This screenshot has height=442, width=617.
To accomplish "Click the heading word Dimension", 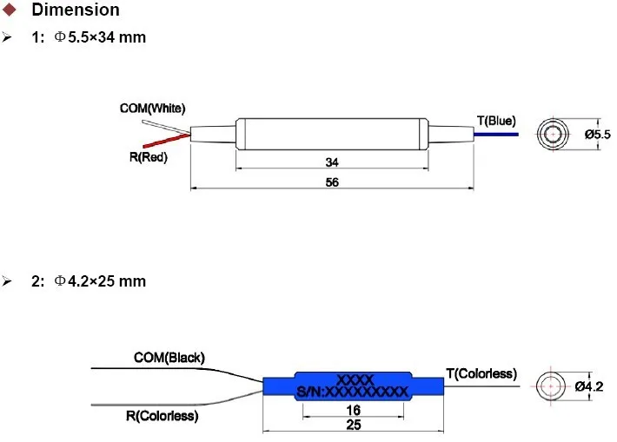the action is [76, 10].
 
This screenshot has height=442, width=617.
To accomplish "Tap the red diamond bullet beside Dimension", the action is [9, 10].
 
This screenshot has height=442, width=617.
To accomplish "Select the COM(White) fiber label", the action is [152, 109].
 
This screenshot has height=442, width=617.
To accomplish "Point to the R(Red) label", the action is [149, 157].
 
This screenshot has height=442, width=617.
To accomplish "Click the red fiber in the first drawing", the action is [167, 141].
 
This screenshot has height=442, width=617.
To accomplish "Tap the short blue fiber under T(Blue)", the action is [496, 135].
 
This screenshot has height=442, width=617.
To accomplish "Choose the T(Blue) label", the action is [496, 121].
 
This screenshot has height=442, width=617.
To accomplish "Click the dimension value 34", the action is [332, 162].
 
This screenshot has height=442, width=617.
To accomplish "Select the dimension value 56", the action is [332, 182].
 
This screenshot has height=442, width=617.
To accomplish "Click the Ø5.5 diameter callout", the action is [597, 135].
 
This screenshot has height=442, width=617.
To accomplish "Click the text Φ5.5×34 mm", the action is [100, 37].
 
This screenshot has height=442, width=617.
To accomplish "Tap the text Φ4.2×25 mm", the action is [100, 281].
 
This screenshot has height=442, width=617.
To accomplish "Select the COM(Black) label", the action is [169, 358].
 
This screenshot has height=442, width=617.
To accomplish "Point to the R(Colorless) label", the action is [163, 416].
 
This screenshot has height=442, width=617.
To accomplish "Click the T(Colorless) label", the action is [481, 373].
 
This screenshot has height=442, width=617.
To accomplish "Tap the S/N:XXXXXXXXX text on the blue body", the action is [352, 392].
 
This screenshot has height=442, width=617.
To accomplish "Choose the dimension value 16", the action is [353, 410].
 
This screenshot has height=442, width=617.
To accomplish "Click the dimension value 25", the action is [353, 425].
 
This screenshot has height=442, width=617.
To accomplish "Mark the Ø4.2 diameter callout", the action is [589, 386].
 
